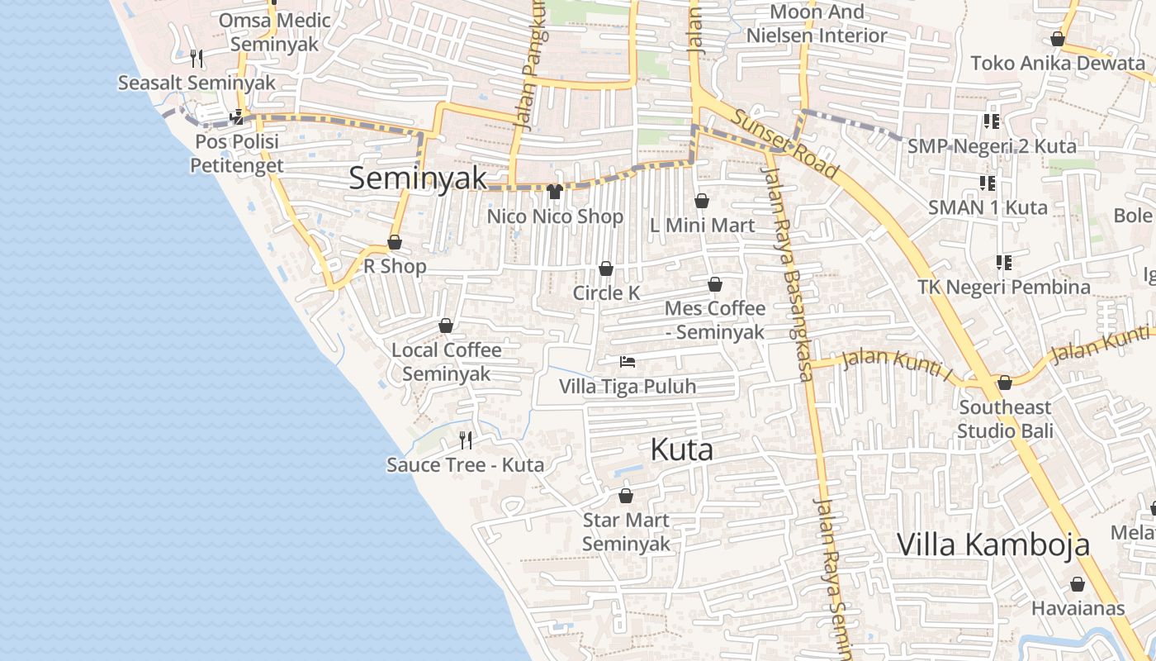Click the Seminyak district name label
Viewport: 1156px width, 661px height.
(x=418, y=178)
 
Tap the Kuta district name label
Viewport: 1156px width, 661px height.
(x=682, y=450)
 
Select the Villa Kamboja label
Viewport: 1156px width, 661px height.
(x=993, y=545)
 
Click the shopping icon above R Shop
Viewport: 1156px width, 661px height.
(x=395, y=242)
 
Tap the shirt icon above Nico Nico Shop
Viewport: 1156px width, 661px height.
(x=554, y=192)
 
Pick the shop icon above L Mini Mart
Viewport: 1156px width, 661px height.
(x=702, y=201)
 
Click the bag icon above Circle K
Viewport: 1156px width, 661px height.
(x=606, y=269)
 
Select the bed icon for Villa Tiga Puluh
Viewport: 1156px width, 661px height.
(x=628, y=362)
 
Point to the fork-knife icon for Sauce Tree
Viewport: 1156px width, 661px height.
(x=466, y=439)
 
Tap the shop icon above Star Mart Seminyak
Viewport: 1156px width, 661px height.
(x=626, y=496)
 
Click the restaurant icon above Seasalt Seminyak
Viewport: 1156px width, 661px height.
(x=197, y=58)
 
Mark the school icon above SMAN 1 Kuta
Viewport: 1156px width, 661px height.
(x=988, y=183)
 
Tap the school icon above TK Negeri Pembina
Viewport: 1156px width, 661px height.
(x=1004, y=263)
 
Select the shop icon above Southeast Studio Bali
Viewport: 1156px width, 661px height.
(x=1005, y=383)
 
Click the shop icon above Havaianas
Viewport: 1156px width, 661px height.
(x=1078, y=584)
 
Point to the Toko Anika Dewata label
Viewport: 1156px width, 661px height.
(x=1057, y=63)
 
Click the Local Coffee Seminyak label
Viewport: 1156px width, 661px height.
(x=446, y=362)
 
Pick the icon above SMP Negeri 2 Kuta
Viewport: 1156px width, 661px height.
(x=992, y=121)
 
